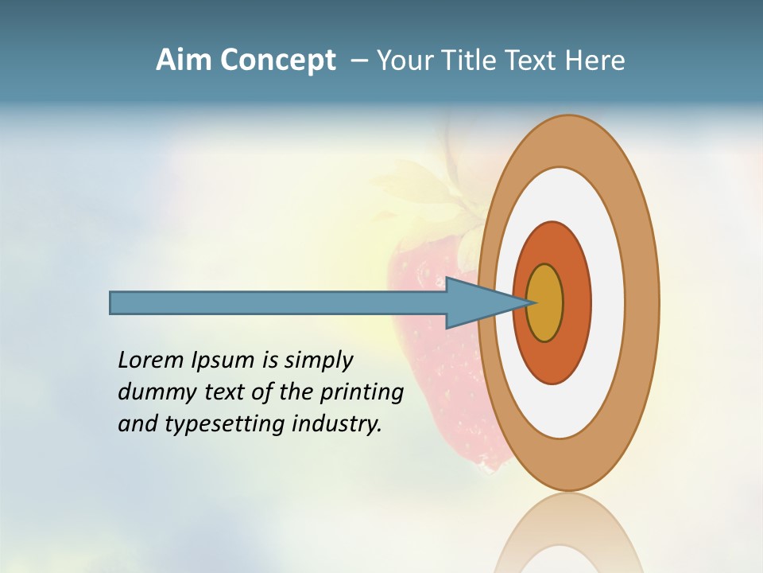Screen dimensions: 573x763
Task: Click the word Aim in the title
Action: tap(184, 60)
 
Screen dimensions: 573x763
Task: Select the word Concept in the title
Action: tap(277, 61)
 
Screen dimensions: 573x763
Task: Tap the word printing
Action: tap(362, 393)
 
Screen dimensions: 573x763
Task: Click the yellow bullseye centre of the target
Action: tap(545, 303)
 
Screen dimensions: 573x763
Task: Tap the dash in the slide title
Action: tap(358, 60)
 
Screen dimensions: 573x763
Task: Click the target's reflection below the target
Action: tap(568, 537)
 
